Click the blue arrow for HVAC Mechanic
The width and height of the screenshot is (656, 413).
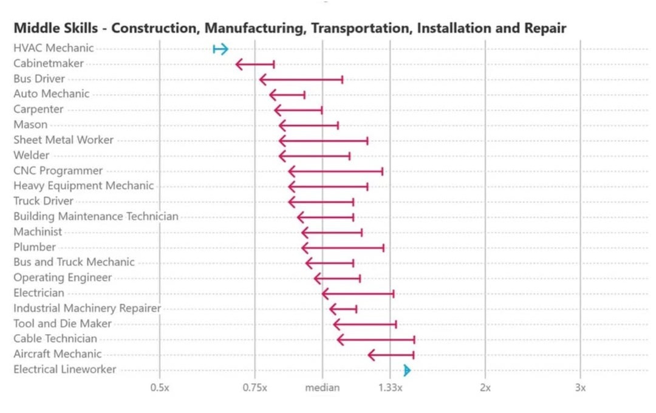click(x=220, y=49)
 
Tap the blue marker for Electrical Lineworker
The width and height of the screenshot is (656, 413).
click(x=407, y=370)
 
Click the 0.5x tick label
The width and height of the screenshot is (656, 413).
click(x=160, y=387)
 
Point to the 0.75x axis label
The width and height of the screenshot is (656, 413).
click(x=255, y=387)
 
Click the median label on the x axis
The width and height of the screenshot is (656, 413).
click(x=323, y=387)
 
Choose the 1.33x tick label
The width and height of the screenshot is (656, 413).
click(x=390, y=387)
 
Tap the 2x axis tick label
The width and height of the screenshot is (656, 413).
click(x=485, y=387)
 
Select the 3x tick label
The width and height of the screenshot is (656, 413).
click(x=580, y=387)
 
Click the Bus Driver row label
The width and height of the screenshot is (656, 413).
click(x=39, y=79)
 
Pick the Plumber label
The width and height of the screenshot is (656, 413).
click(x=35, y=247)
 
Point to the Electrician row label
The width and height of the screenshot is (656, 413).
click(x=38, y=293)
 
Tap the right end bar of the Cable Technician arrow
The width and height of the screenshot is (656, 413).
click(x=414, y=340)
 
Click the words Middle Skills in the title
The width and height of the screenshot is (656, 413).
click(x=54, y=28)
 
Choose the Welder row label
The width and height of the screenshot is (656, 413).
click(x=31, y=155)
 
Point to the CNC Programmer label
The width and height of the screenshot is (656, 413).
click(x=58, y=171)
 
